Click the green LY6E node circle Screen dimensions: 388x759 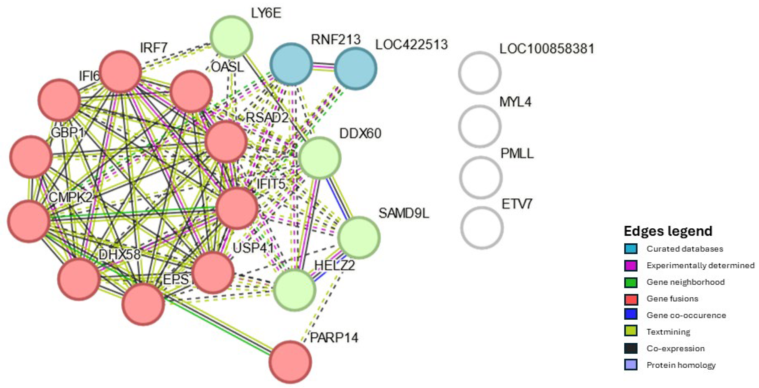tap(231, 37)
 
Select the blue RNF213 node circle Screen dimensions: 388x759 tap(291, 64)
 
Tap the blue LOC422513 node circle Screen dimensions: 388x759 tap(355, 68)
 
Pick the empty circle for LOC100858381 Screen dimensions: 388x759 tap(480, 73)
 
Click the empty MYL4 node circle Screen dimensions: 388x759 tap(480, 126)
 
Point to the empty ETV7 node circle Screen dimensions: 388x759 tap(482, 228)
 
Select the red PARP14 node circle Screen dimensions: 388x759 tap(290, 362)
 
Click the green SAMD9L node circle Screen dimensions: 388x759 tap(359, 238)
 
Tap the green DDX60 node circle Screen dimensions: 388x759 tap(320, 158)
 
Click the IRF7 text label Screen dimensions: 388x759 tap(153, 48)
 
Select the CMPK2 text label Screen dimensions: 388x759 tap(71, 197)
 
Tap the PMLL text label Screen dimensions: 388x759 tap(517, 154)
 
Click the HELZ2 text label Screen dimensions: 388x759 tap(334, 265)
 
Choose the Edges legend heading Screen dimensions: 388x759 tap(668, 231)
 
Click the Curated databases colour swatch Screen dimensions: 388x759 tap(631, 249)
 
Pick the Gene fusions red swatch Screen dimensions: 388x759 tap(631, 299)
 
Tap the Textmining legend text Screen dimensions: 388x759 tap(668, 332)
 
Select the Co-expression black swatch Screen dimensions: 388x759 tap(631, 348)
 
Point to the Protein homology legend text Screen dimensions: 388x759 tap(681, 365)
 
